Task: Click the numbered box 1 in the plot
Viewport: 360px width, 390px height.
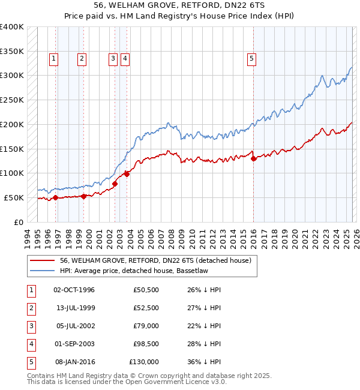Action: tap(54, 58)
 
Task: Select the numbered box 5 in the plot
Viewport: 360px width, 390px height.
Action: tap(251, 58)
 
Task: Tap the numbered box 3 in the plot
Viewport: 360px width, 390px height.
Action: tap(113, 58)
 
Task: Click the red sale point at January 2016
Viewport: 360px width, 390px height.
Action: tap(253, 158)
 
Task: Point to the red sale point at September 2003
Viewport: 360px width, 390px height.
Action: tap(127, 174)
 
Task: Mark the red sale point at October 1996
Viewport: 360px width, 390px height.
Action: tap(56, 197)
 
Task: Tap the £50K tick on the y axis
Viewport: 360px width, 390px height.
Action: tap(14, 197)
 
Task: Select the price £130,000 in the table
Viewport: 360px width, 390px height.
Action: tap(144, 362)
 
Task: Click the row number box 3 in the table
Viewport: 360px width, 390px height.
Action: tap(31, 326)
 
